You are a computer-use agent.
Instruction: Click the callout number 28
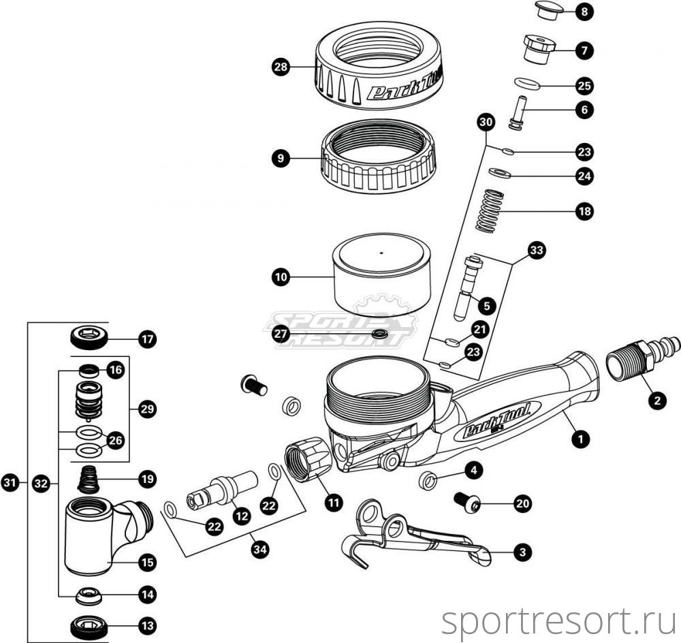[x=281, y=67]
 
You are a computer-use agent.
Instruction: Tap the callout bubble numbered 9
[x=281, y=159]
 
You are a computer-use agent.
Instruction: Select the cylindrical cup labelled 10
[x=381, y=275]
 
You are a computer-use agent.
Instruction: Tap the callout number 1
[x=580, y=439]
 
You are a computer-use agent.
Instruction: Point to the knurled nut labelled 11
[x=308, y=460]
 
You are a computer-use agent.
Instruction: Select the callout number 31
[x=10, y=483]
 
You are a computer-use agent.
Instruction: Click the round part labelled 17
[x=89, y=337]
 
